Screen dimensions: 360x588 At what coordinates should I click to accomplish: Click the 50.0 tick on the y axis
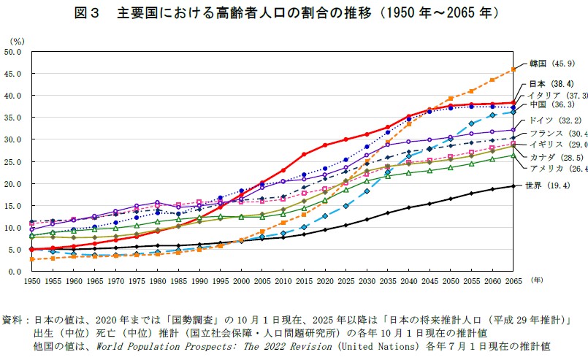[x=14, y=52]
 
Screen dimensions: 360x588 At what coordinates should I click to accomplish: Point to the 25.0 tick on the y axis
[x=14, y=161]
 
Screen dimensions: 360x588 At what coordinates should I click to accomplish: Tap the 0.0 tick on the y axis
[x=16, y=271]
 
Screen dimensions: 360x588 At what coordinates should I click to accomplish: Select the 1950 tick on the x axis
[x=31, y=280]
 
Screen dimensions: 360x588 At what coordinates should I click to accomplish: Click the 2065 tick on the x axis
[x=513, y=280]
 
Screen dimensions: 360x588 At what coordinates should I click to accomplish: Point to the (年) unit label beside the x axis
[x=538, y=279]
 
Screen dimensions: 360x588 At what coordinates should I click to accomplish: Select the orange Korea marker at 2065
[x=513, y=70]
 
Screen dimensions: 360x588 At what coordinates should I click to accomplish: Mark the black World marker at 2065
[x=513, y=186]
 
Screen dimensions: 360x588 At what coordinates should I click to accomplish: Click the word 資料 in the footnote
[x=12, y=321]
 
